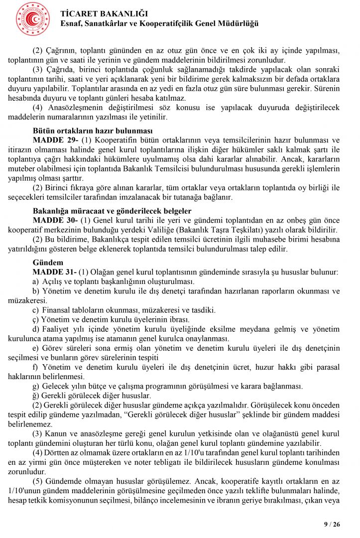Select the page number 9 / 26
click(332, 524)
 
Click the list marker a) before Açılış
click(36, 281)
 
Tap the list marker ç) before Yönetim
click(36, 319)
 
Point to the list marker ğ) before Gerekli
click(36, 395)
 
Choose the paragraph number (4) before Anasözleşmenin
click(38, 108)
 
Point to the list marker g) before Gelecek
click(36, 386)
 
